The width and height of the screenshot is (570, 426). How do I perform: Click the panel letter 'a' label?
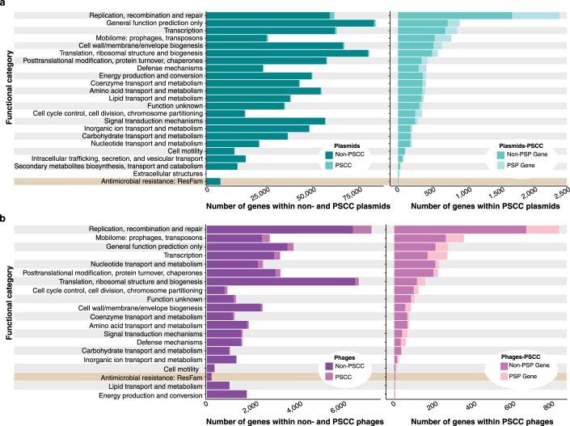tap(4, 5)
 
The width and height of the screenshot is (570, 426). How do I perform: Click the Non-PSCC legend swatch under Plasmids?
tap(329, 154)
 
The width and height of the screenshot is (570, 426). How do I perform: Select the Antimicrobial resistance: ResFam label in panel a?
tap(150, 182)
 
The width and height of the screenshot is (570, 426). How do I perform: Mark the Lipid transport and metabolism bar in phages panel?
tap(218, 386)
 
